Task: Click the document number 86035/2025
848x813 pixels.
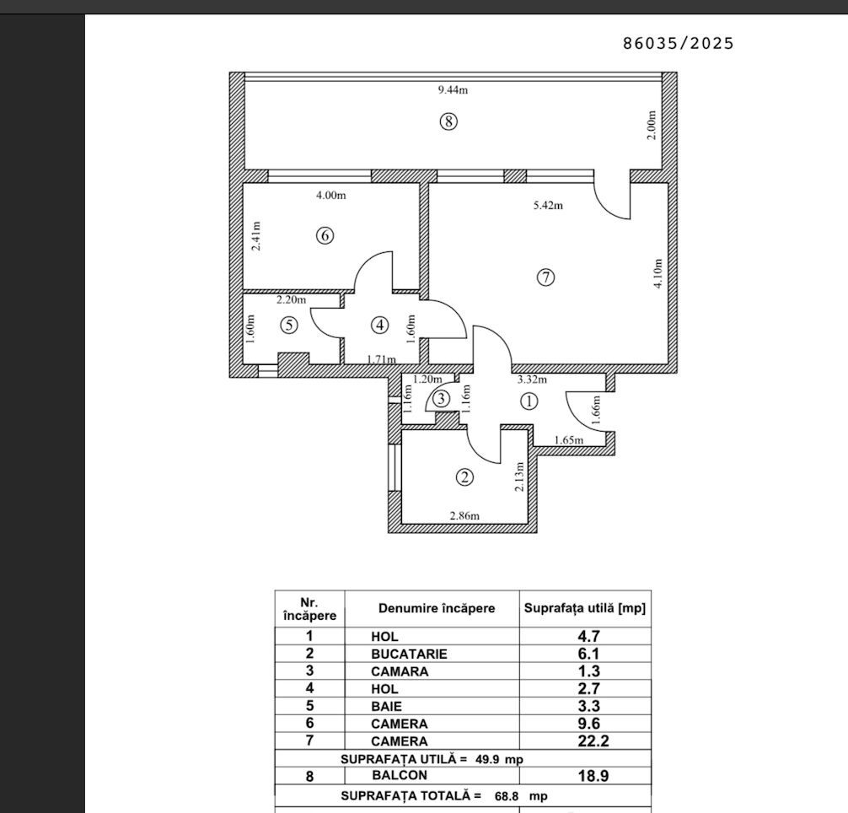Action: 679,43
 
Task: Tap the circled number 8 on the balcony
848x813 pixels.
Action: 448,121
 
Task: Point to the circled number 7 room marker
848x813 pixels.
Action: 545,277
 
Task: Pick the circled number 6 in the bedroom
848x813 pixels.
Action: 325,236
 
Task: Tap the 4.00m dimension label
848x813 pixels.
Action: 330,195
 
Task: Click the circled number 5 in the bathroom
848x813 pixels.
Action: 287,324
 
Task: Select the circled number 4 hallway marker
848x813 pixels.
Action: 380,324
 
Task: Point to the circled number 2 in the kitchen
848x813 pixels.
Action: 464,477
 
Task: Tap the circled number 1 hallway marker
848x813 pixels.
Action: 529,401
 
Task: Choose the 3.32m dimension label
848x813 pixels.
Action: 532,380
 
